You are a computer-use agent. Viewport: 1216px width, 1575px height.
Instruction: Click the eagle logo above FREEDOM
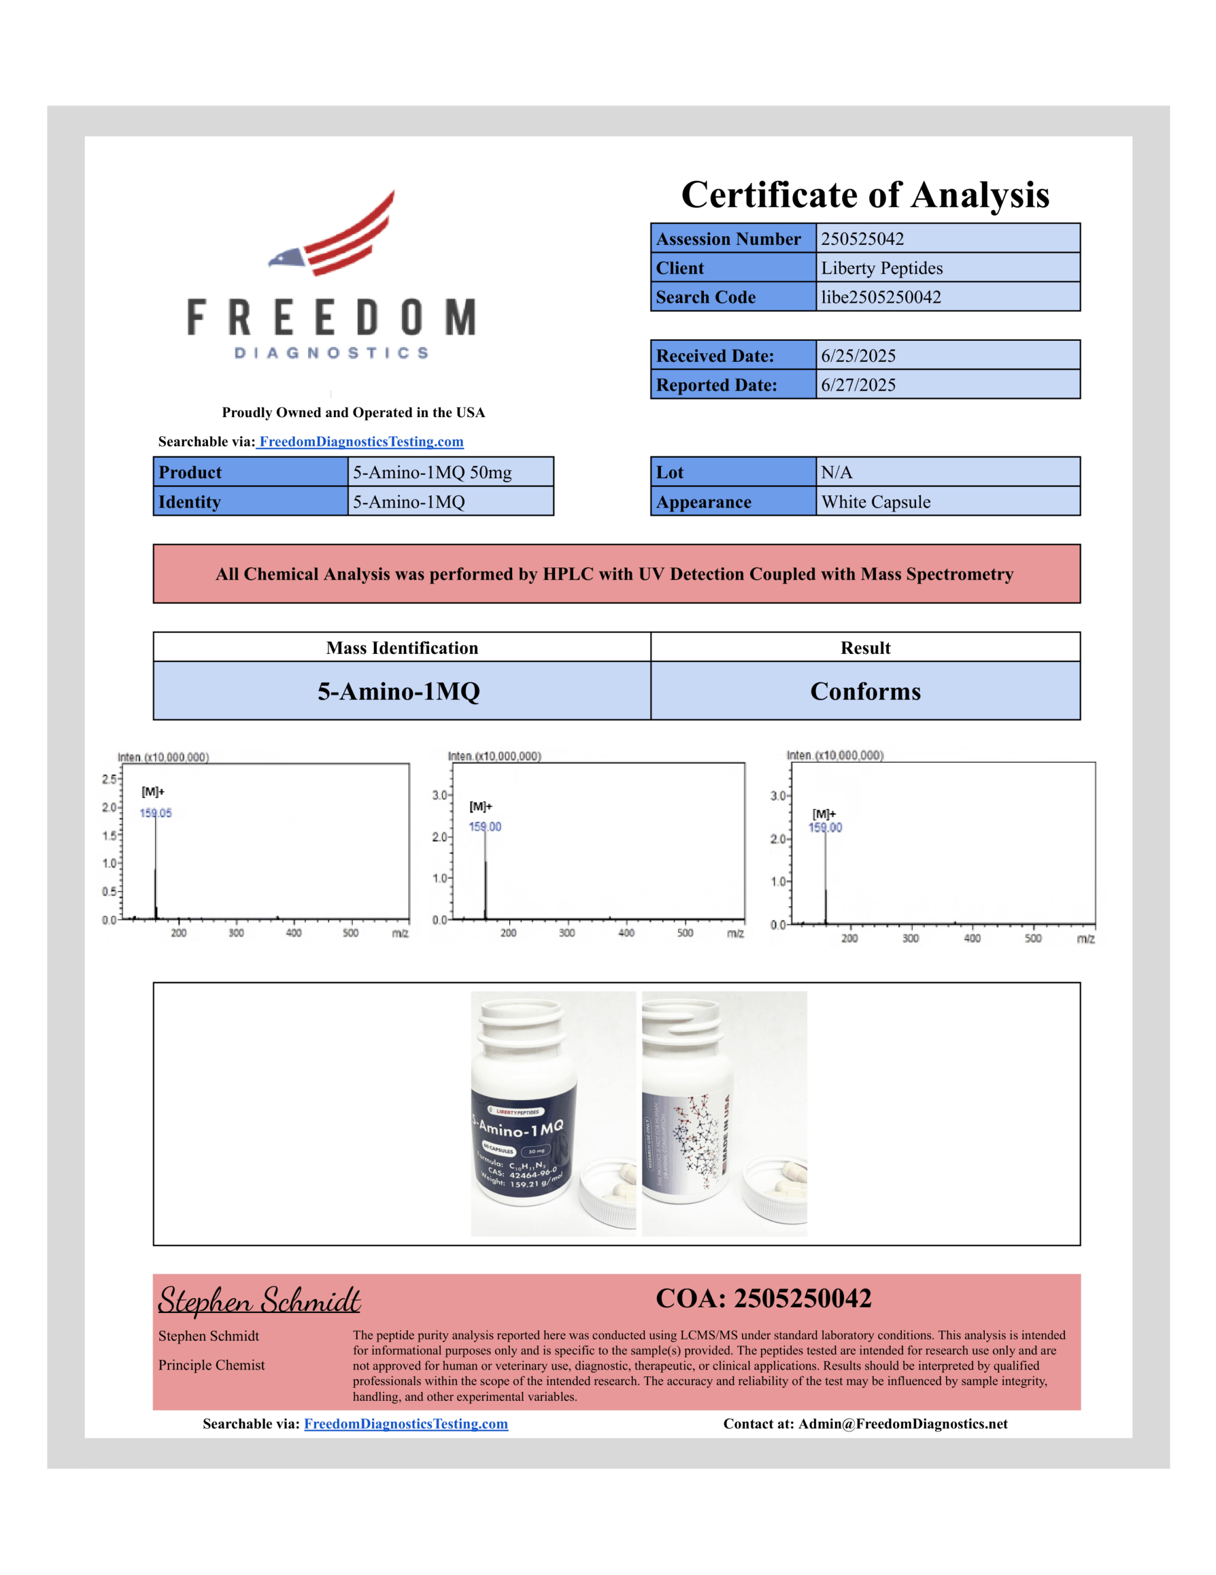point(333,234)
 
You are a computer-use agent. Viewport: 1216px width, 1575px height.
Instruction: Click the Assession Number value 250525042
point(861,239)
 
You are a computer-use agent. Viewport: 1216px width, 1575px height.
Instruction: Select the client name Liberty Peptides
point(881,268)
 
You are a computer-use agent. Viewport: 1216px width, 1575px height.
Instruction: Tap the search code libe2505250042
point(880,297)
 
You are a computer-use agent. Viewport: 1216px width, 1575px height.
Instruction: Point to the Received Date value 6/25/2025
point(858,356)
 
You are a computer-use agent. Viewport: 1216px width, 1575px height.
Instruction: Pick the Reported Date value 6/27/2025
point(858,385)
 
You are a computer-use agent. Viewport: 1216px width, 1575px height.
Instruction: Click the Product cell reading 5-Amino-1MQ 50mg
point(432,472)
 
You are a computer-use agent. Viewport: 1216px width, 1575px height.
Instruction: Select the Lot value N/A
point(836,472)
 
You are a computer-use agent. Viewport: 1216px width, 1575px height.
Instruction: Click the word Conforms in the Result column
point(865,691)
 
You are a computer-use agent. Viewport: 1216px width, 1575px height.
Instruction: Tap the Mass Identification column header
point(401,648)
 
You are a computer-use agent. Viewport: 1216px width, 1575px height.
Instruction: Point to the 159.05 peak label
point(156,813)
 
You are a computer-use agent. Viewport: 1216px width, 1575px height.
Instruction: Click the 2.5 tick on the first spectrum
point(109,779)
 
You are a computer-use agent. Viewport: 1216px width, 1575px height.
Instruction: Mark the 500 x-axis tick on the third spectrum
point(1032,938)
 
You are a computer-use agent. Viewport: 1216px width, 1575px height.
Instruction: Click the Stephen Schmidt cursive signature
point(259,1300)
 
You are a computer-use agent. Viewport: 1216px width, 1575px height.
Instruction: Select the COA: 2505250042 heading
point(764,1299)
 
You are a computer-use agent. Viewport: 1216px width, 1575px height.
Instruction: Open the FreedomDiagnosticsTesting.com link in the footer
point(406,1424)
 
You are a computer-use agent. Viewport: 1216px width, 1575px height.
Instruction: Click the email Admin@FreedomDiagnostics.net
point(902,1424)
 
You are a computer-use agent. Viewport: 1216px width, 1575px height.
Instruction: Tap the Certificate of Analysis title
point(865,194)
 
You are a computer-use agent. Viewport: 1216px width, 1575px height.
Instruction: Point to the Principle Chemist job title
point(211,1365)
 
